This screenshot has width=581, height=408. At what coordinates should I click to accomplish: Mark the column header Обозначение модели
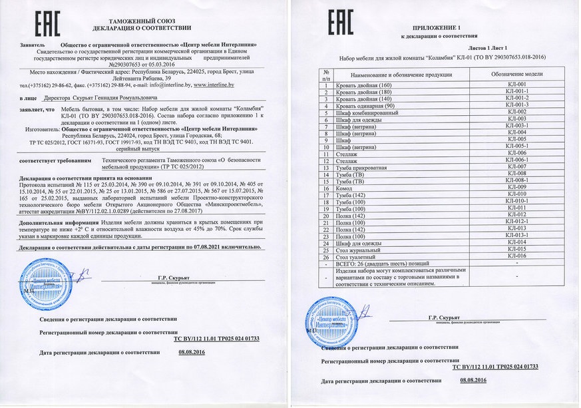(x=516, y=75)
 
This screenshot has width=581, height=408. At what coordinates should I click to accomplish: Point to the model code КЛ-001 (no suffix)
(x=516, y=85)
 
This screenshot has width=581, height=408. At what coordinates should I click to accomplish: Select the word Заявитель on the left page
(x=34, y=45)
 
